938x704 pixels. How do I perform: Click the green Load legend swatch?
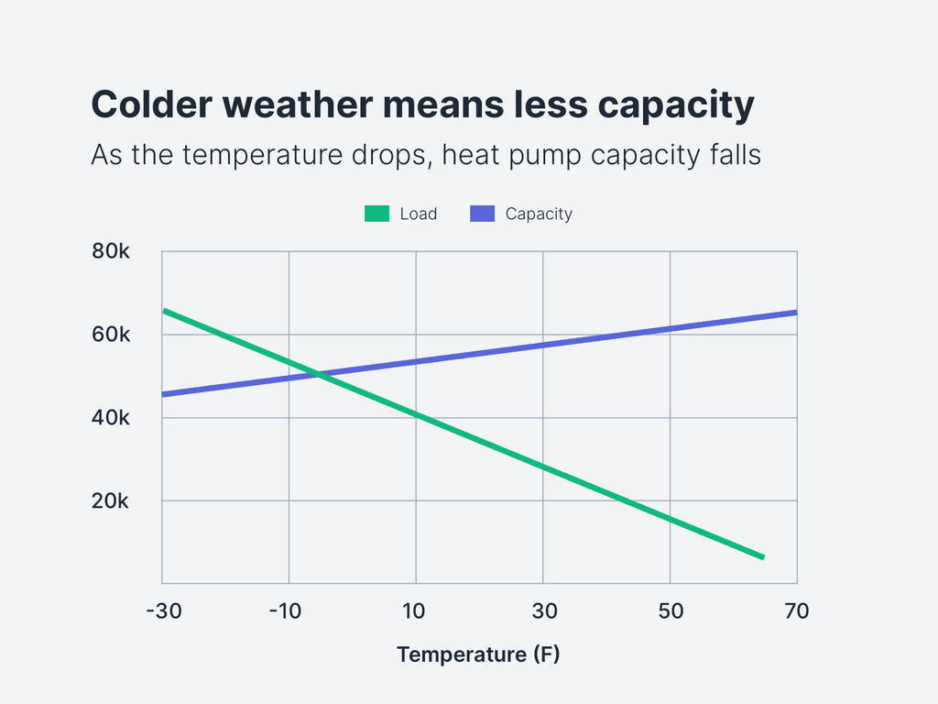pos(377,214)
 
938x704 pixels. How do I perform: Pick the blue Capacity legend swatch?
pos(483,214)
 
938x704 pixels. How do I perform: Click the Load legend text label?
pos(419,214)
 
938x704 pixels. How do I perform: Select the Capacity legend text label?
pos(539,214)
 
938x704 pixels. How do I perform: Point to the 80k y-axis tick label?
pos(112,251)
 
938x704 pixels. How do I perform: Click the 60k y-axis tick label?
pos(112,335)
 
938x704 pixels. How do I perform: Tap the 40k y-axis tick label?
pos(112,418)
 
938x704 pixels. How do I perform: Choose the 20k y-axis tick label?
pos(112,501)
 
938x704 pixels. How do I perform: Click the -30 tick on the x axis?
pos(163,610)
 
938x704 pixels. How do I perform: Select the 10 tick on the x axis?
pos(416,610)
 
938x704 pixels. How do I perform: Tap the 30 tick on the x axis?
pos(543,610)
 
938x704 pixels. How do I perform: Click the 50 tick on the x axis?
pos(671,610)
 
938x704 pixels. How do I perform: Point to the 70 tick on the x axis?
pos(797,610)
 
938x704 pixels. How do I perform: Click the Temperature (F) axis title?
pos(478,654)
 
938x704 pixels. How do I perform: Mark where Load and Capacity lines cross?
pos(317,373)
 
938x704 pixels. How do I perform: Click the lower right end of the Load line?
pos(762,556)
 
